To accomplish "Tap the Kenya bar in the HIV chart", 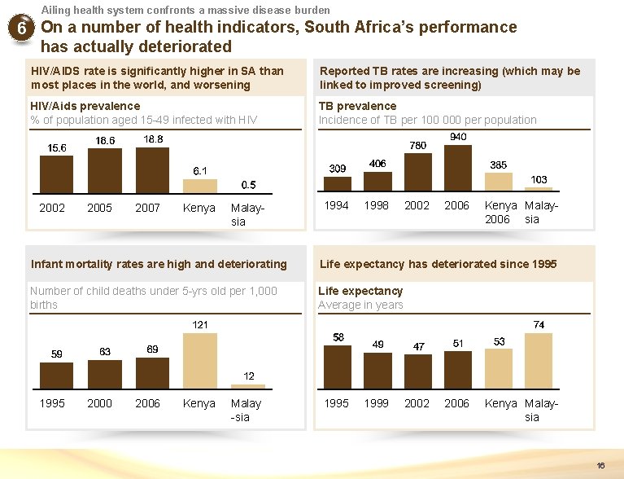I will (199, 186).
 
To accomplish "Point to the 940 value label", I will (459, 137).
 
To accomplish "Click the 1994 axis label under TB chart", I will (337, 206).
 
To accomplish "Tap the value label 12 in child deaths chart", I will (249, 376).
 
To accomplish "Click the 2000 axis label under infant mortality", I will (99, 403).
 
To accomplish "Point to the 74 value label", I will (539, 324).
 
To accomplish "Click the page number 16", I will (600, 466).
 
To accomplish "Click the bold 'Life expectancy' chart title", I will (360, 291).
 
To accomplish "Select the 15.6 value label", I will (57, 147).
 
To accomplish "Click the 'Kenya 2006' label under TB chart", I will (497, 213).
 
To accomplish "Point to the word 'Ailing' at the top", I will (56, 10).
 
